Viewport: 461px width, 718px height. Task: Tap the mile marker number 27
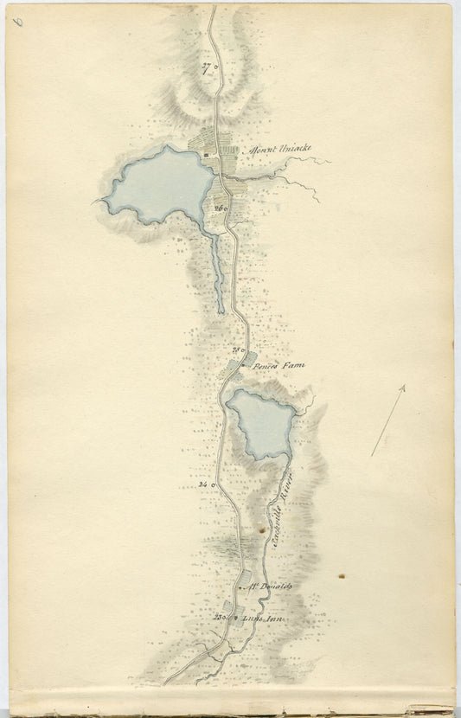point(206,67)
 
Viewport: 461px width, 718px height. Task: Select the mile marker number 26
point(218,208)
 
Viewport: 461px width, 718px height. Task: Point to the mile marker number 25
point(236,349)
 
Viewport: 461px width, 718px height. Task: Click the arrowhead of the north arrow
point(402,390)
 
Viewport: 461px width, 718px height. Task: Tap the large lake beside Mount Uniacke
point(160,183)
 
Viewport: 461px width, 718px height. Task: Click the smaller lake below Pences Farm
point(260,421)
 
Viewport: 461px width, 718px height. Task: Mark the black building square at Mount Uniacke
point(206,156)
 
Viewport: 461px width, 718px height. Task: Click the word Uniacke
point(291,148)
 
